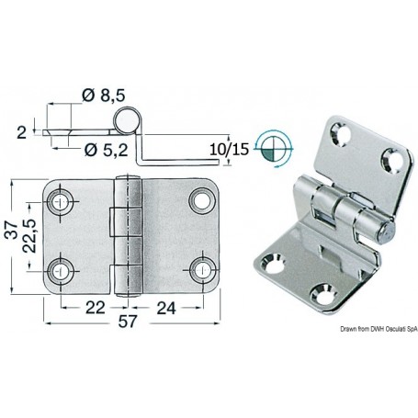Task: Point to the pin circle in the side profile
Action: point(130,119)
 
